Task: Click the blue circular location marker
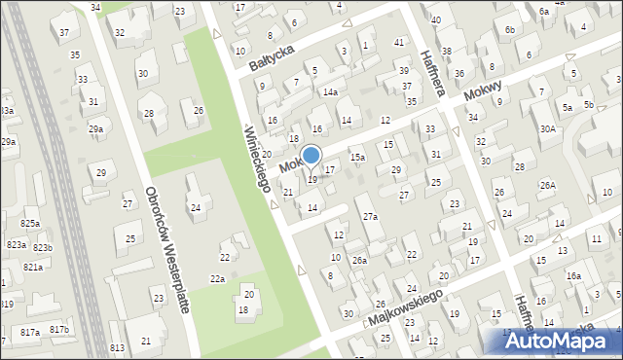(x=311, y=155)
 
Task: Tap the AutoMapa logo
(x=561, y=342)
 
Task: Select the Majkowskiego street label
(x=406, y=306)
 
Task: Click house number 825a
(x=30, y=224)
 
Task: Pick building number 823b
(x=43, y=248)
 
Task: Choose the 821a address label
(x=33, y=267)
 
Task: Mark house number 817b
(x=60, y=330)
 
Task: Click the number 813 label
(x=117, y=347)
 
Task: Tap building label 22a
(x=218, y=279)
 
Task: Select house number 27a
(x=370, y=216)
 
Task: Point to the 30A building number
(x=548, y=128)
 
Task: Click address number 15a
(x=357, y=157)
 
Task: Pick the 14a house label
(x=331, y=91)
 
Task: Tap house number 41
(x=399, y=42)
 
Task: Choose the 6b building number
(x=510, y=29)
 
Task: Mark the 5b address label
(x=588, y=104)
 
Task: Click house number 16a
(x=573, y=276)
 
